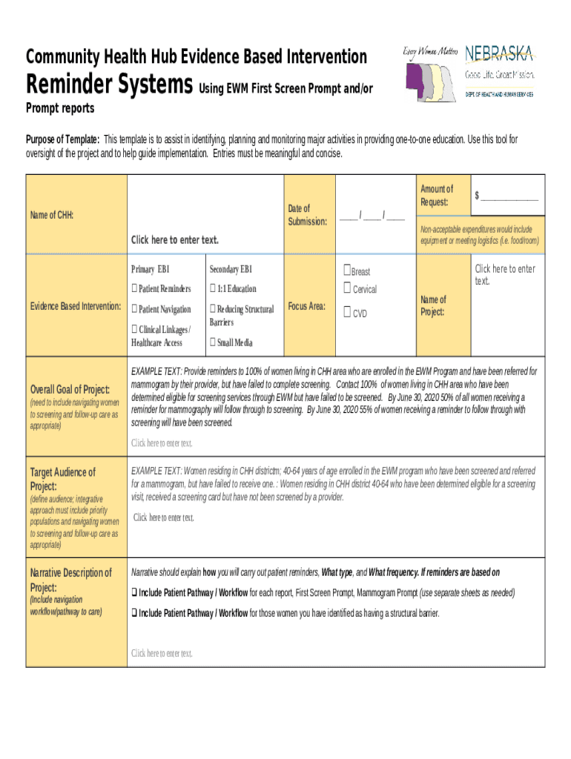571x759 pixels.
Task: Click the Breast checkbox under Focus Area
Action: click(347, 271)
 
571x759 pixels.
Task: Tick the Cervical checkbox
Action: click(347, 288)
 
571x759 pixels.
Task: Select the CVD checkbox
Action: click(347, 313)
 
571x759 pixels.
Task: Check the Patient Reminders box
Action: click(134, 288)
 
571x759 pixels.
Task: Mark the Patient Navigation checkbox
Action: click(134, 309)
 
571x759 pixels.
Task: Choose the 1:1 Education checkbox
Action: click(213, 288)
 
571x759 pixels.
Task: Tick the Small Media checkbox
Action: click(213, 342)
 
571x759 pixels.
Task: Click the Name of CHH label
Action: click(51, 215)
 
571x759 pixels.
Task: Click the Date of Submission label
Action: click(307, 215)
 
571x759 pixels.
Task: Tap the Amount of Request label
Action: click(436, 196)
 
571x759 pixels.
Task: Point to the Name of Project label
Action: click(433, 305)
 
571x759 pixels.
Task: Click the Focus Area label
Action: click(307, 305)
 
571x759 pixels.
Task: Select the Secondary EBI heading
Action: click(231, 269)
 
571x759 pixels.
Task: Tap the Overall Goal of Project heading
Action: click(70, 390)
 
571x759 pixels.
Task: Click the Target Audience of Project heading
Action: click(62, 479)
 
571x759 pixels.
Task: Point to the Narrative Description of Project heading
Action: click(70, 580)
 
